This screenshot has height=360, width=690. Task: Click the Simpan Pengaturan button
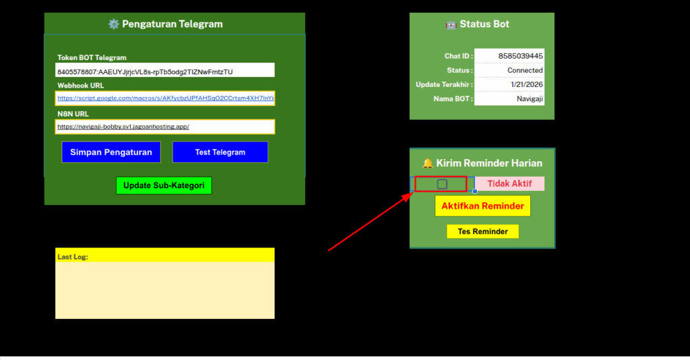coord(111,152)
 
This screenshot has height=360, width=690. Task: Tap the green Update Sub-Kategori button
coord(164,185)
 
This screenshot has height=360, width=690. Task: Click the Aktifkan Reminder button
coord(482,206)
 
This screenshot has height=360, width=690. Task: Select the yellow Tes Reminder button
coord(482,232)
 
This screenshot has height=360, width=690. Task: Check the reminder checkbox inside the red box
coord(442,184)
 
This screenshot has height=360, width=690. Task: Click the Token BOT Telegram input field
coord(165,71)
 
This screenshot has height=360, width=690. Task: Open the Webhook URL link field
coord(165,98)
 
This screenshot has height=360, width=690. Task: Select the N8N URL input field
coord(165,126)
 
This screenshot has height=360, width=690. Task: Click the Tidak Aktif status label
coord(510,184)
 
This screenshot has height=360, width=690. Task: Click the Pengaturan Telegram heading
coord(166,24)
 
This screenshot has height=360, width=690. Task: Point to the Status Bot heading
coord(478,24)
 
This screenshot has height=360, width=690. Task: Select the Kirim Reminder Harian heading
coord(482,163)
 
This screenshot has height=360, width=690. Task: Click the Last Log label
coord(73,257)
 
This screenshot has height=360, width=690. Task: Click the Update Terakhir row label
coord(444,84)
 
